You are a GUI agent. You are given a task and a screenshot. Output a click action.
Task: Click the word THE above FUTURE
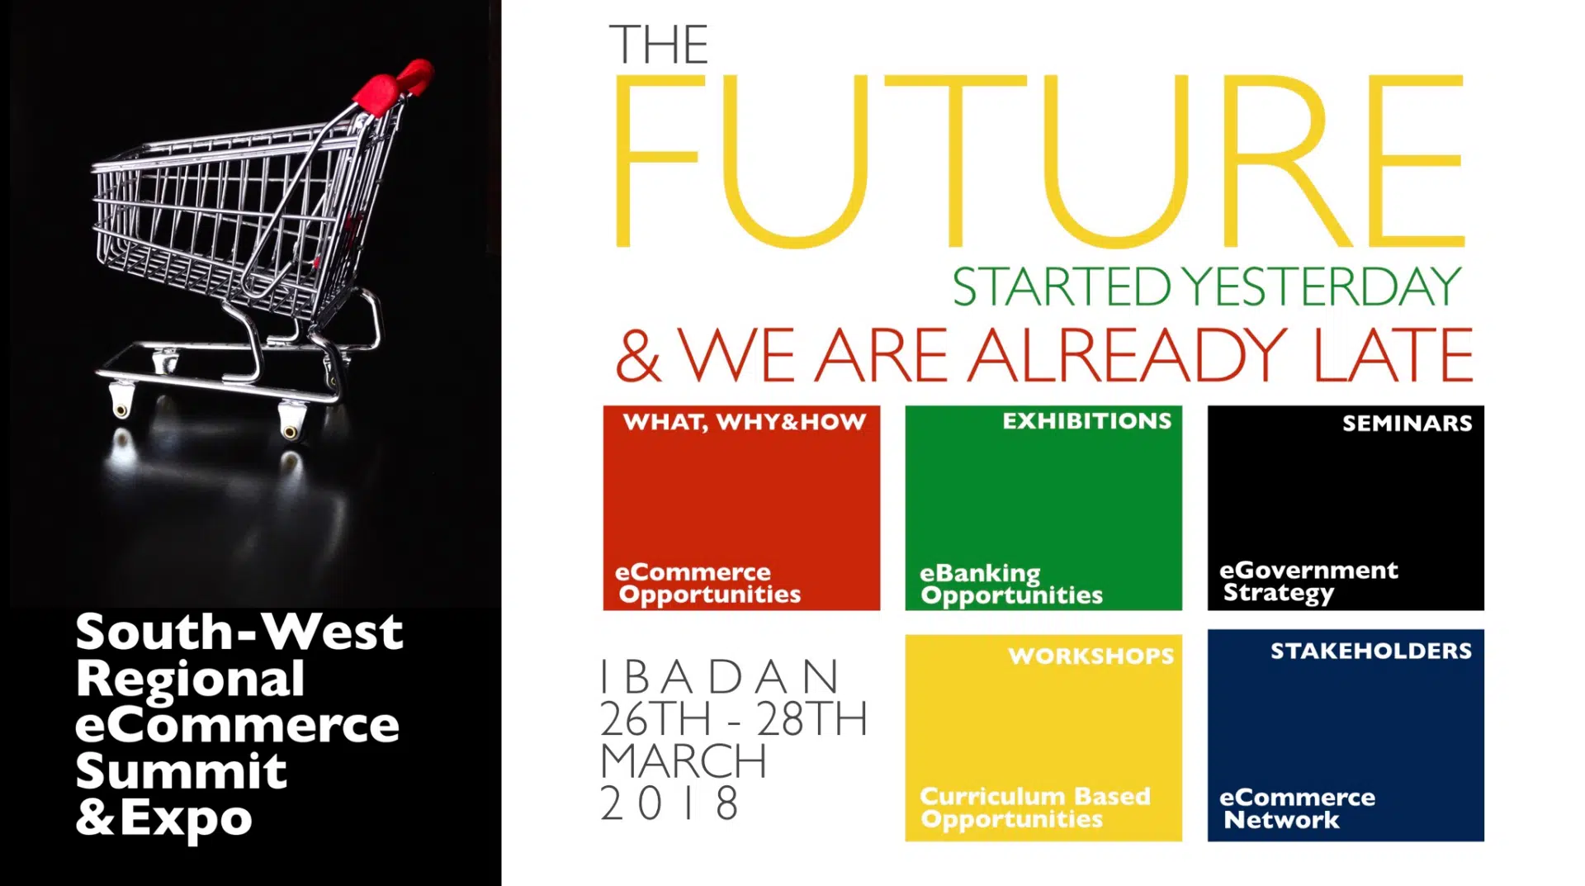[x=659, y=45]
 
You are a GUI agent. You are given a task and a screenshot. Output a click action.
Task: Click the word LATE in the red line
[x=1392, y=355]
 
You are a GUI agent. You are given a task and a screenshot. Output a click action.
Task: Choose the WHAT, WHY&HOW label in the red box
[x=745, y=422]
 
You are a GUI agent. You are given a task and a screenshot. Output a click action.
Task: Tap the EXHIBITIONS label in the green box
[x=1086, y=421]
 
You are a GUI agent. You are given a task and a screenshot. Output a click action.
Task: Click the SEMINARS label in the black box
[x=1407, y=424]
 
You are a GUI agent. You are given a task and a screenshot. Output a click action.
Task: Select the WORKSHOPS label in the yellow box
[x=1091, y=656]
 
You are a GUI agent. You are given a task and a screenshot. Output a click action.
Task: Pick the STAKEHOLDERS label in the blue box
[x=1370, y=651]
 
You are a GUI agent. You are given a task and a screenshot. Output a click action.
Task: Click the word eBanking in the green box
[x=980, y=574]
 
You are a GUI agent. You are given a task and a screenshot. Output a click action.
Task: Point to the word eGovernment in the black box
[x=1308, y=570]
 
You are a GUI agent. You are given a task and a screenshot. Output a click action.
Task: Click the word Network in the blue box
[x=1281, y=820]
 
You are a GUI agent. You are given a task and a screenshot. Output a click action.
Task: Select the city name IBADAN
[x=719, y=678]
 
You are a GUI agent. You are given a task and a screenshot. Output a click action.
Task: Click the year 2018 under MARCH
[x=669, y=803]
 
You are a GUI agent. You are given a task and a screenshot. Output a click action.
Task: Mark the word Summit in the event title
[x=181, y=771]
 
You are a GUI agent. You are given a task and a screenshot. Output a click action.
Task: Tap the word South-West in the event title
[x=239, y=632]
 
